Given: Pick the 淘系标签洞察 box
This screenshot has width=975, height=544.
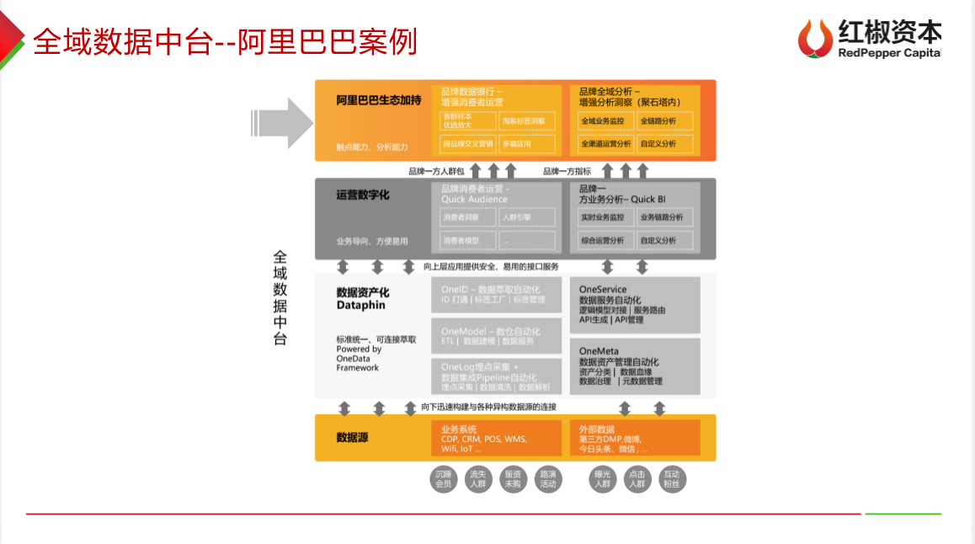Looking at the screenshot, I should click(x=526, y=121).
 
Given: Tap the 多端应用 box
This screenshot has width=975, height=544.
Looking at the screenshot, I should click(x=526, y=144).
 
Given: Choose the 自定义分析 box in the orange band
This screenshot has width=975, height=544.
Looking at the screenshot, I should click(x=665, y=144).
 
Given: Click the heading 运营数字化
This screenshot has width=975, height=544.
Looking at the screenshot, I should click(x=362, y=195).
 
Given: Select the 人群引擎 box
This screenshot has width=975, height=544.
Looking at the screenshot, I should click(x=526, y=217).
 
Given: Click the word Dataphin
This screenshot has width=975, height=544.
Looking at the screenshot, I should click(x=360, y=306).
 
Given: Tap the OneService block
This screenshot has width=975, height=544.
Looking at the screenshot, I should click(x=635, y=305).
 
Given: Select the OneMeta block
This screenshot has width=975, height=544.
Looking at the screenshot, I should click(x=635, y=366).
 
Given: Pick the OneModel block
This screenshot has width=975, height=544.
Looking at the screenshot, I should click(x=496, y=336).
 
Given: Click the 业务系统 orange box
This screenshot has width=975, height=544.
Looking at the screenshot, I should click(x=496, y=438).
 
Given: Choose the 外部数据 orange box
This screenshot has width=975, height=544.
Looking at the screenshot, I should click(x=635, y=438).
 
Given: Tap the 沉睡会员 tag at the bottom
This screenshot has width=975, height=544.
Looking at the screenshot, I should click(x=442, y=479).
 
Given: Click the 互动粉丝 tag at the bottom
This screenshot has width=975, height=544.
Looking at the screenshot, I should click(x=671, y=479).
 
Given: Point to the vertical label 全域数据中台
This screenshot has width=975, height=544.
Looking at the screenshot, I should click(x=280, y=298).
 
